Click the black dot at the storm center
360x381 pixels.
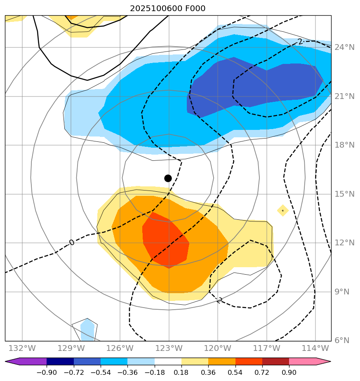[x=168, y=178]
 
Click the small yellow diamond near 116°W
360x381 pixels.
[x=282, y=210]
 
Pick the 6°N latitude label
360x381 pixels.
[x=342, y=341]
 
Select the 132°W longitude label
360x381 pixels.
[x=22, y=348]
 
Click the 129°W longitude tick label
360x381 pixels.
[x=71, y=348]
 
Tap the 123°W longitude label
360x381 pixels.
[x=169, y=348]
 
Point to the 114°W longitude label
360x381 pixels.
[x=315, y=348]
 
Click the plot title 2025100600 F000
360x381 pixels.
[x=168, y=9]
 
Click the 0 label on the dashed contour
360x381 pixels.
[x=72, y=242]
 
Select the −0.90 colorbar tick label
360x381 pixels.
[x=47, y=372]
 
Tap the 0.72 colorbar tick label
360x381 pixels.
[x=262, y=372]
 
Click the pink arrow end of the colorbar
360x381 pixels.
[x=324, y=362]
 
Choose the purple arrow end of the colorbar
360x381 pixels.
[x=12, y=362]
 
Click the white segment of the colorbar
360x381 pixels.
[x=168, y=362]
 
